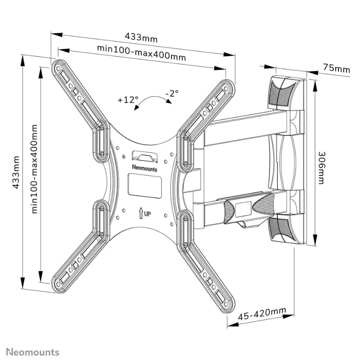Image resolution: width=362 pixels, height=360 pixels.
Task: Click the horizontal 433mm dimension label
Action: [141, 38]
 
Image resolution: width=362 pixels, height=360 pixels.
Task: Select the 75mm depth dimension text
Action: [336, 69]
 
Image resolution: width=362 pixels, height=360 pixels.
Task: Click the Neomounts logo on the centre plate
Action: [144, 169]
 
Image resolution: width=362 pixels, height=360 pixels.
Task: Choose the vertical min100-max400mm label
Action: [35, 169]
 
